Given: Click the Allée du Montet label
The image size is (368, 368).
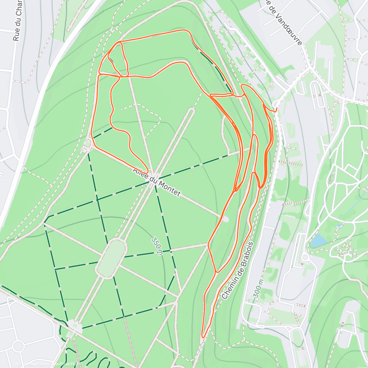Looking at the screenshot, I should click(x=156, y=182).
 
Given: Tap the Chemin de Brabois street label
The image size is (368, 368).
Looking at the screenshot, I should click(x=238, y=270).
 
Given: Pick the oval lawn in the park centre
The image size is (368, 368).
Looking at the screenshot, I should click(x=111, y=259).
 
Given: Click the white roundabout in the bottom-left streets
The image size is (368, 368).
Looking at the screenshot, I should click(x=18, y=347).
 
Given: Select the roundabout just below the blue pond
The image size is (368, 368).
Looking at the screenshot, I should click(x=305, y=257).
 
